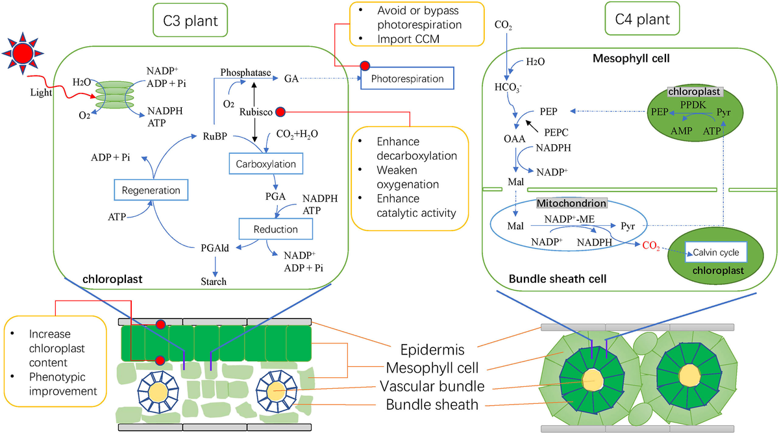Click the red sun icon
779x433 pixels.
(25, 52)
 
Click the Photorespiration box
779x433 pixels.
(407, 79)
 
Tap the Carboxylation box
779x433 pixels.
(266, 164)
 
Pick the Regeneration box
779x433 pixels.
(150, 190)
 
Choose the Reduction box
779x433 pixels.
(276, 229)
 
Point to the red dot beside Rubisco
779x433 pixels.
(280, 112)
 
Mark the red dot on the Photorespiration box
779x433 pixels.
(365, 67)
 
